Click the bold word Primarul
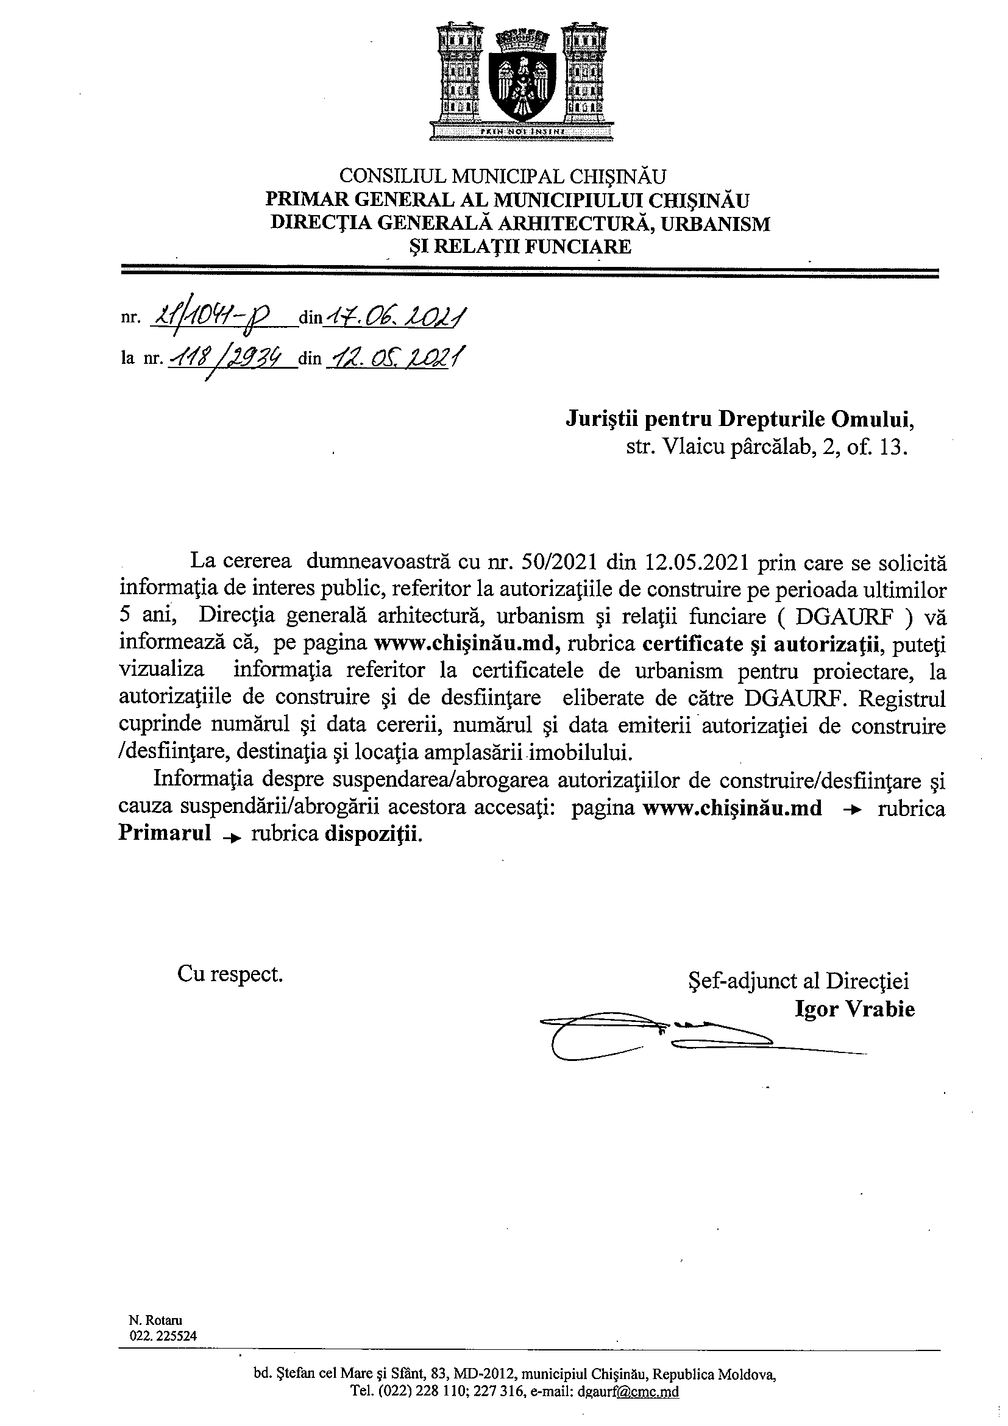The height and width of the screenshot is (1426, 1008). pos(165,833)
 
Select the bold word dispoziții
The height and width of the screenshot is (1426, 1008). pos(372,833)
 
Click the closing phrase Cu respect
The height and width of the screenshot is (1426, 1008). pos(230,974)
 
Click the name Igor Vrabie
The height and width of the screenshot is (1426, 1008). pos(854,1009)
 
